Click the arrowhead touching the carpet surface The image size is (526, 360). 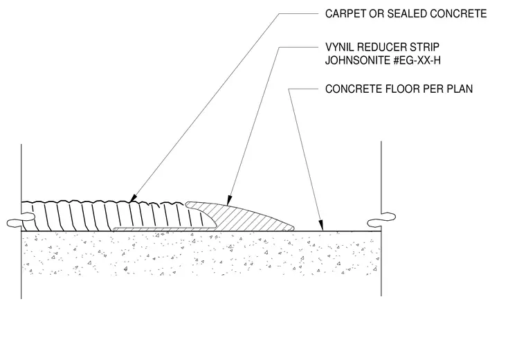point(133,198)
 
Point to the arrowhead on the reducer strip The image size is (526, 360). point(229,200)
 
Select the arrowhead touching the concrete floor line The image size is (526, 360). point(321,225)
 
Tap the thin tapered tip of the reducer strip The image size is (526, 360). point(291,228)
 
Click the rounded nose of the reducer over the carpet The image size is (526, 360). point(188,204)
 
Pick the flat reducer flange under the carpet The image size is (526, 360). point(165,229)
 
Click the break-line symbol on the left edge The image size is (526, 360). point(21,219)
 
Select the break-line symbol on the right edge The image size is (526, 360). point(381,219)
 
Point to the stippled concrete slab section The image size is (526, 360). point(201,253)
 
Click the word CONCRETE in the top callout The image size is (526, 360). point(458,14)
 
